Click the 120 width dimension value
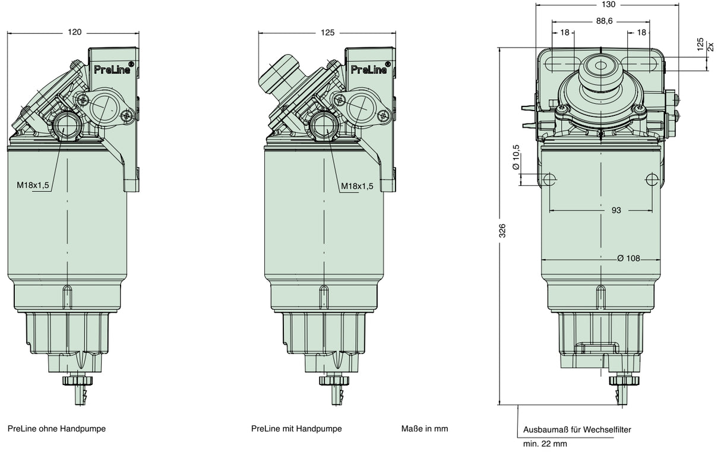click(75, 32)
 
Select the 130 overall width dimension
click(608, 4)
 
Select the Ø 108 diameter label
click(628, 258)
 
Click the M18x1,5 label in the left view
click(33, 186)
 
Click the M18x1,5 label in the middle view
click(357, 187)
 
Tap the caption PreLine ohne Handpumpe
click(56, 428)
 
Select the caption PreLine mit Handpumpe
click(296, 428)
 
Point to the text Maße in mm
click(425, 428)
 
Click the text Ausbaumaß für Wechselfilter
click(577, 429)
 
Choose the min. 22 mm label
click(545, 443)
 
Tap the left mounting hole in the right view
click(550, 179)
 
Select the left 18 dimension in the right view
click(564, 33)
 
